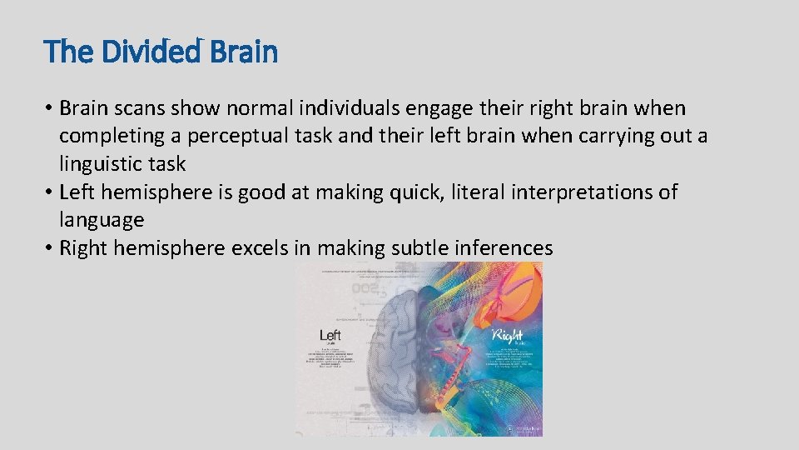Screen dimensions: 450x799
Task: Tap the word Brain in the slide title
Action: (244, 52)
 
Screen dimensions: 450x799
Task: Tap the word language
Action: (102, 221)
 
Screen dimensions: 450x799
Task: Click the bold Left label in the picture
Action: (330, 335)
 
